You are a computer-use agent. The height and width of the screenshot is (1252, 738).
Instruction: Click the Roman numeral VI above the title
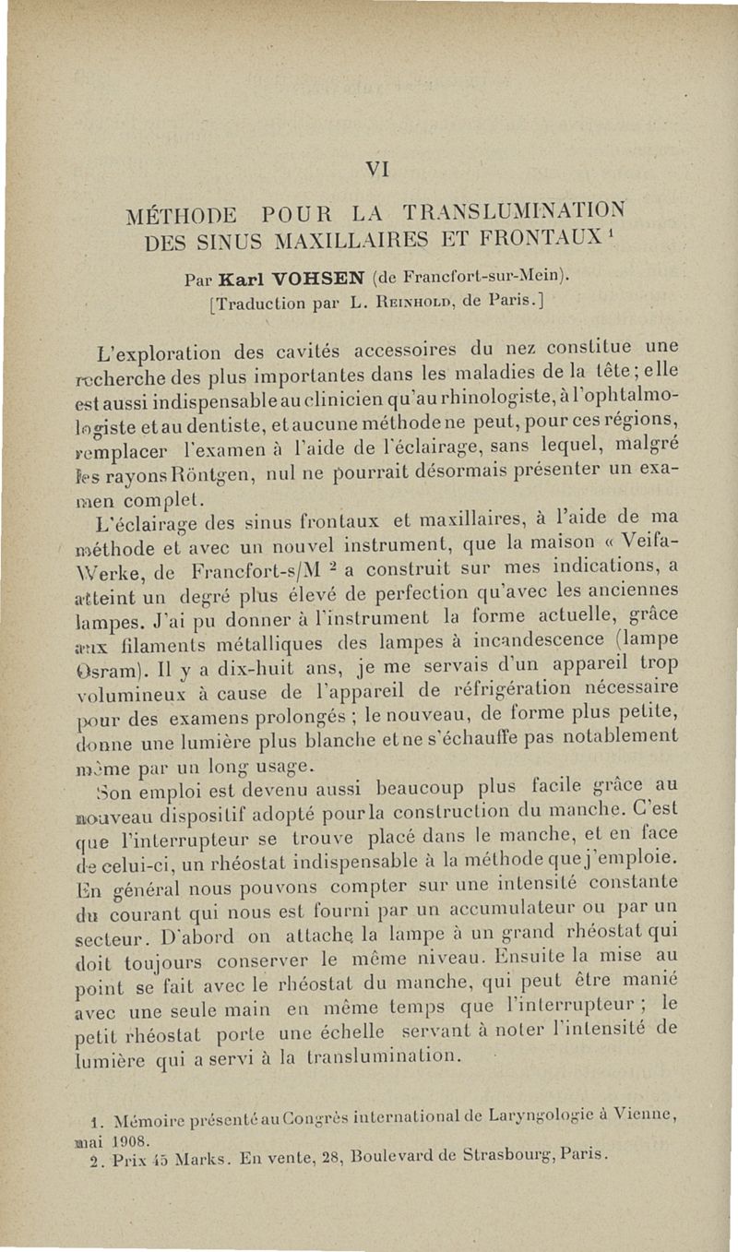click(x=375, y=169)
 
